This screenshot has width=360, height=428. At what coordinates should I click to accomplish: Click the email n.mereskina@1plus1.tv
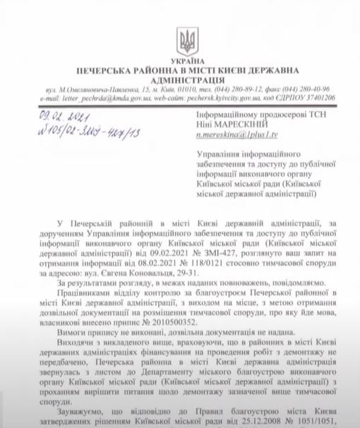[x=235, y=132]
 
